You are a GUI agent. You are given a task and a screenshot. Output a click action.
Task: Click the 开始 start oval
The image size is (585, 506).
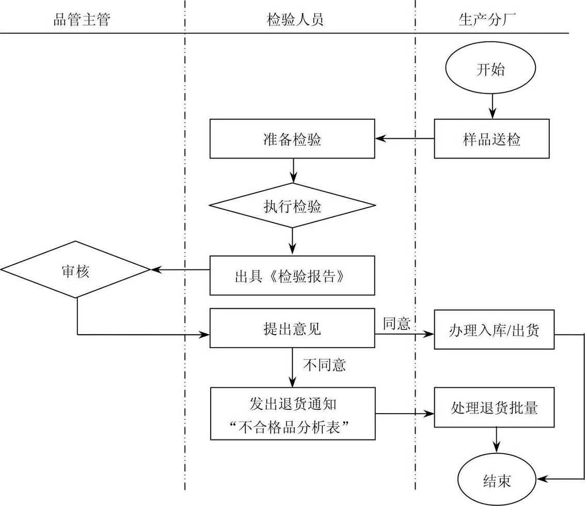click(491, 70)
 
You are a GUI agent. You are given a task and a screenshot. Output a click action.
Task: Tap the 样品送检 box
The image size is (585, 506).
click(492, 139)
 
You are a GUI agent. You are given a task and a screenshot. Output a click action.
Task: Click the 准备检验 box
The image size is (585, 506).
click(292, 139)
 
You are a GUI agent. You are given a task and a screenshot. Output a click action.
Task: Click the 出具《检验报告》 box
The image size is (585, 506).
click(292, 276)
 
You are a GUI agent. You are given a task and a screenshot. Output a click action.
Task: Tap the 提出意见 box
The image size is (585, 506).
click(292, 328)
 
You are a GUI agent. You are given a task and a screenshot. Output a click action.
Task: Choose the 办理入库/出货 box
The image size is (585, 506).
click(494, 329)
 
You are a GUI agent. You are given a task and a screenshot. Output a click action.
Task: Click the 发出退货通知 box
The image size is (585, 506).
click(293, 414)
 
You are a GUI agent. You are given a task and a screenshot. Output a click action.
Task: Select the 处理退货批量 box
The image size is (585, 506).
click(494, 407)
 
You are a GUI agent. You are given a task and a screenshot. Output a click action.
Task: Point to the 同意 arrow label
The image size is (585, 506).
click(397, 324)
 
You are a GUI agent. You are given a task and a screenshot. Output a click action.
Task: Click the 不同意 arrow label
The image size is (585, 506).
click(324, 365)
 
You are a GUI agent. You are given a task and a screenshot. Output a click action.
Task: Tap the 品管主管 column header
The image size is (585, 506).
click(82, 20)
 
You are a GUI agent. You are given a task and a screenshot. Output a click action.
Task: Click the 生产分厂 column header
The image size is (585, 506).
click(487, 20)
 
